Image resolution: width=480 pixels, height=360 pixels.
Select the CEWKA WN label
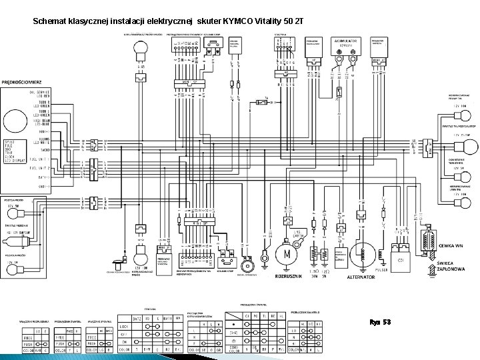[451, 246]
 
